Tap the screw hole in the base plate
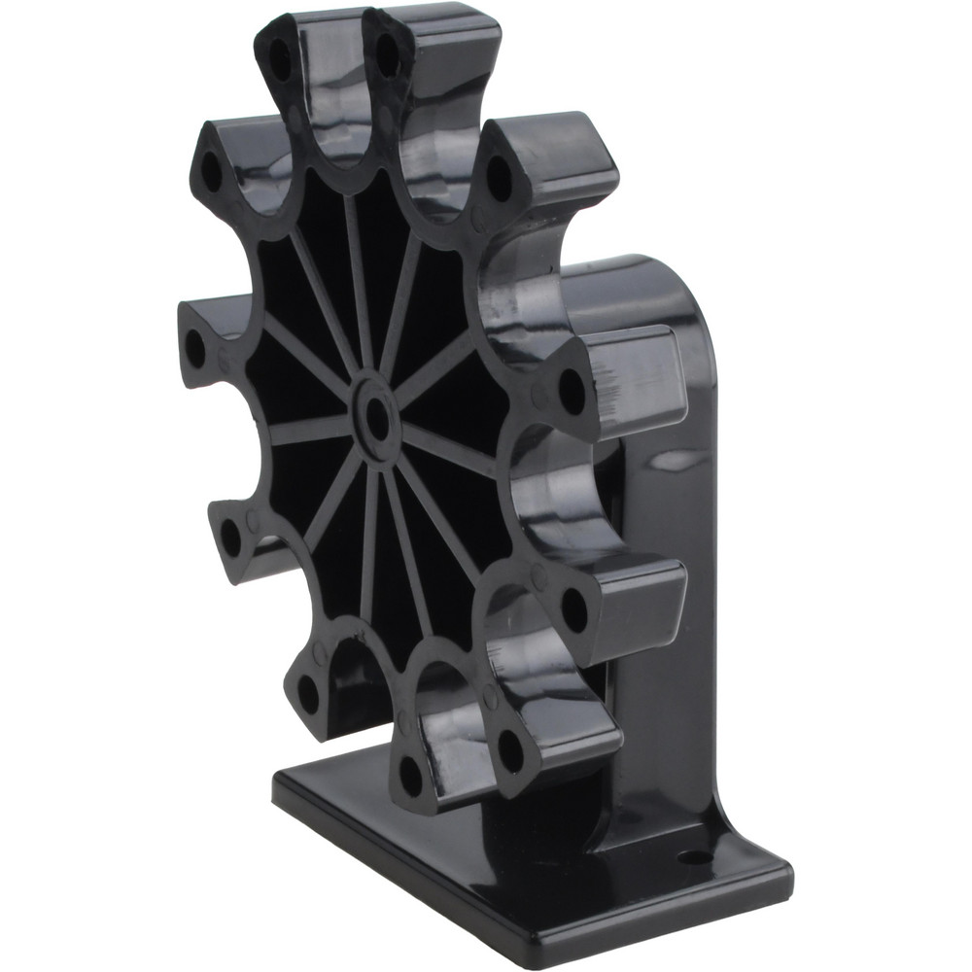[692, 857]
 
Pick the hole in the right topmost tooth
[387, 54]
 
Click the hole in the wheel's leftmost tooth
[195, 348]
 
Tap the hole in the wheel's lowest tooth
[411, 775]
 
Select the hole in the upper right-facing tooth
[573, 392]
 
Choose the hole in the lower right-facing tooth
[574, 609]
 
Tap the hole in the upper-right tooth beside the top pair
[499, 178]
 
